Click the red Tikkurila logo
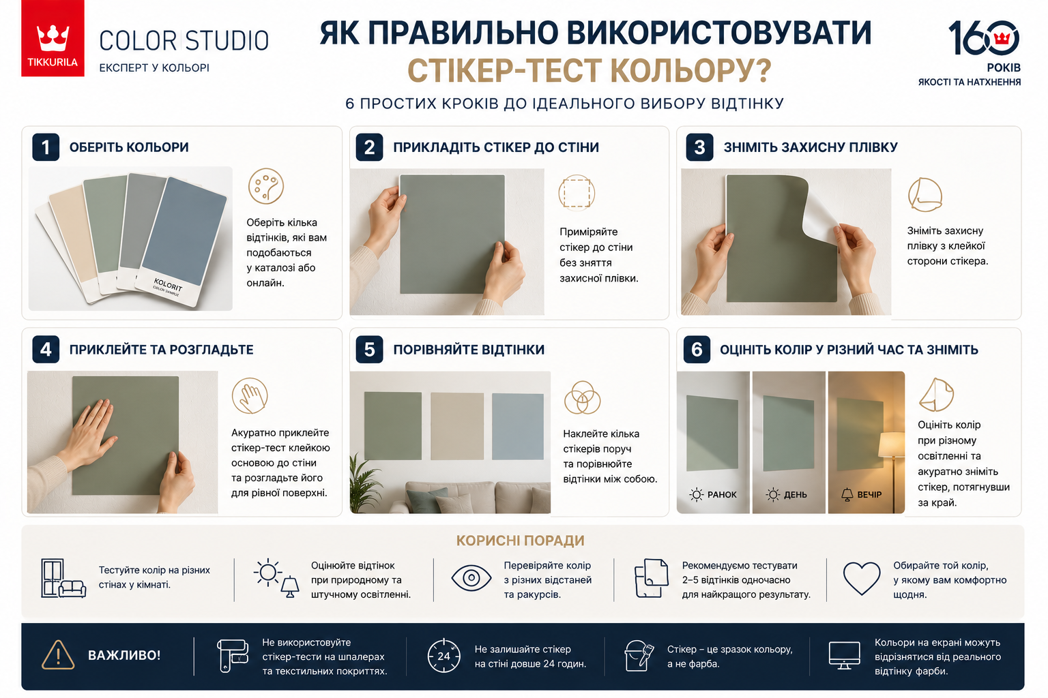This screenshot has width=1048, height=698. click(x=53, y=38)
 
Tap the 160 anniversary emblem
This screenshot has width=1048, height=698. click(x=984, y=37)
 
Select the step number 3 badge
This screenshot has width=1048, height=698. click(x=699, y=147)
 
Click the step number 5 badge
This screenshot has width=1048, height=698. click(x=369, y=349)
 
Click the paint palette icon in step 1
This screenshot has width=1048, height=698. click(x=265, y=186)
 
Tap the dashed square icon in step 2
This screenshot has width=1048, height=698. click(x=577, y=193)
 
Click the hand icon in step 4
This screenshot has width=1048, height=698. click(x=250, y=396)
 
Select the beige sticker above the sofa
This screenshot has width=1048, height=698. click(x=457, y=426)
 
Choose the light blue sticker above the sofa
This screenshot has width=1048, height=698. click(x=517, y=427)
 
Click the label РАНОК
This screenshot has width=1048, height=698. click(x=722, y=495)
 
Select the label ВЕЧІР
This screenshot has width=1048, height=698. click(x=869, y=495)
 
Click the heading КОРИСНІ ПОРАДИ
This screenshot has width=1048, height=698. click(x=521, y=541)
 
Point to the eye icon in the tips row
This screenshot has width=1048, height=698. click(x=471, y=578)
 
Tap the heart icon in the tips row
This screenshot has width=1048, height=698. click(x=861, y=578)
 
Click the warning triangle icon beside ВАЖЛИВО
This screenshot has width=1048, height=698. click(x=58, y=654)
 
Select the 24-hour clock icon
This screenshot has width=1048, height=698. click(x=443, y=656)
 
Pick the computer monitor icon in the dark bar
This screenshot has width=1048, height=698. click(x=844, y=655)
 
